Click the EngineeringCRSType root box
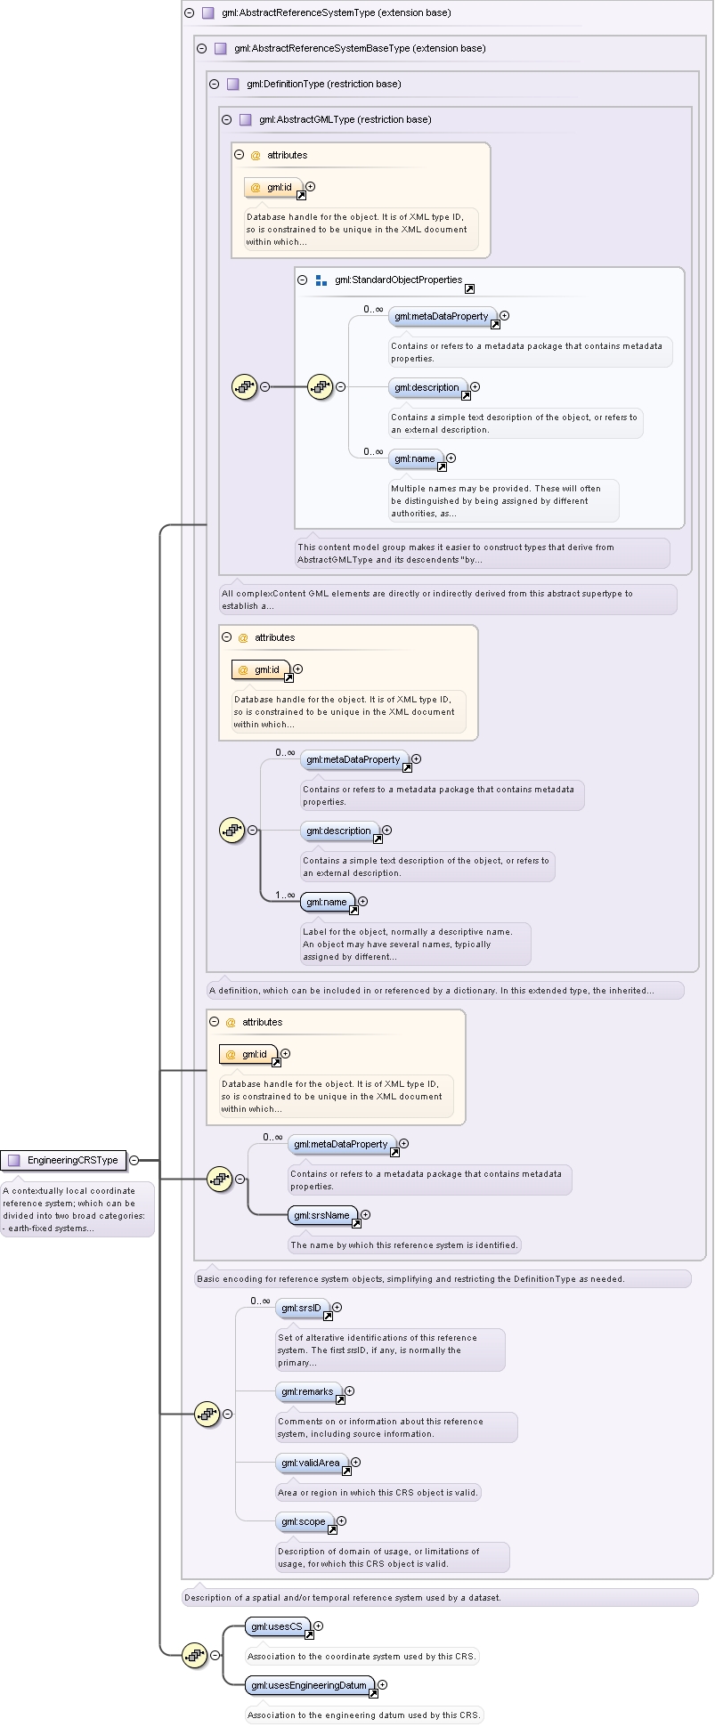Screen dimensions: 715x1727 tap(62, 1160)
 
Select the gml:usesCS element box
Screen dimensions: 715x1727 tap(278, 1627)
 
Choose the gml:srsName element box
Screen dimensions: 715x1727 tap(323, 1215)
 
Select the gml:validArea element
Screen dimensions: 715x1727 tap(312, 1463)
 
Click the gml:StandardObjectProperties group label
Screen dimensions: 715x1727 tap(398, 280)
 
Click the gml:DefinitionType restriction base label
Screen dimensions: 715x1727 tap(324, 84)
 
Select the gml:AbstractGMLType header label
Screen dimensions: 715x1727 tap(345, 119)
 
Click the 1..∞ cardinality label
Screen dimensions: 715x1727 tap(285, 895)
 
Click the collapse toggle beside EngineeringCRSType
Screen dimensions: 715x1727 tap(134, 1160)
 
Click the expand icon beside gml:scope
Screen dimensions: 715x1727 tap(341, 1521)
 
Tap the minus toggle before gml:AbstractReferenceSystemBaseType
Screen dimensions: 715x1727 tap(202, 48)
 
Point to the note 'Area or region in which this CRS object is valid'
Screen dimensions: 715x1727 tap(378, 1493)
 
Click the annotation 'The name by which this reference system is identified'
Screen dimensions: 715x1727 tap(404, 1245)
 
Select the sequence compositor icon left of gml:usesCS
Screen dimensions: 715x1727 tap(195, 1656)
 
